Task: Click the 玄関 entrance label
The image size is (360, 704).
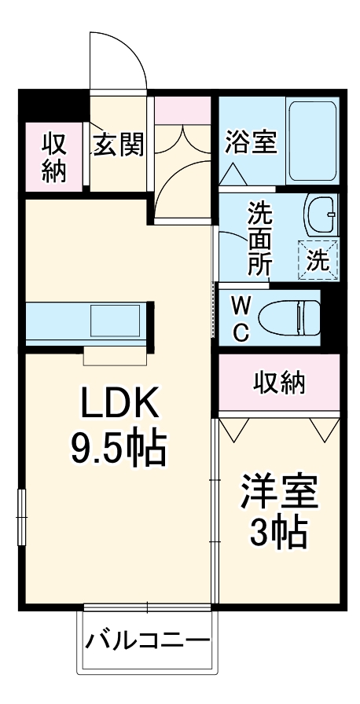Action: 119,145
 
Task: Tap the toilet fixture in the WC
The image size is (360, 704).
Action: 292,317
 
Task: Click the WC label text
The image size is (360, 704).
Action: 242,317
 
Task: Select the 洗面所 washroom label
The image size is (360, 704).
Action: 260,237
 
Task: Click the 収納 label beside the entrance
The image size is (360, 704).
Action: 53,157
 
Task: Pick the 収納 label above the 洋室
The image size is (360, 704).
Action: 279,382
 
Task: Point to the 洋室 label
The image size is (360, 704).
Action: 279,494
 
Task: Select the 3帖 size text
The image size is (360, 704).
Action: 278,535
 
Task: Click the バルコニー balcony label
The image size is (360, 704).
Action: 147,640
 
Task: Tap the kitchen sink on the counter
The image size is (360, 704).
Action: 115,321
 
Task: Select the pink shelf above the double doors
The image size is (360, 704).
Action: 182,109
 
